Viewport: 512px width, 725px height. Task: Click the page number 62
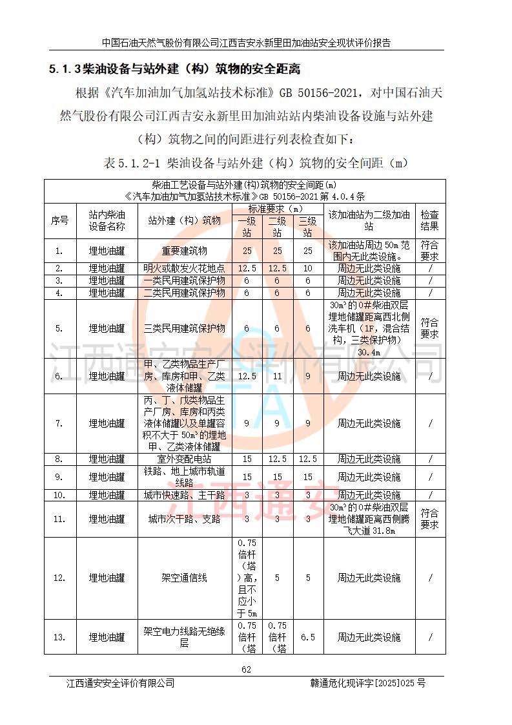[246, 669]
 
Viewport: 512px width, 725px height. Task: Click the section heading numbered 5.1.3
[175, 68]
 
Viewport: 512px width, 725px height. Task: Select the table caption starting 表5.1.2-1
[256, 162]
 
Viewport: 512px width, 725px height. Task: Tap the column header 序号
[59, 220]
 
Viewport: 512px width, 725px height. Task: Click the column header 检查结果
[429, 220]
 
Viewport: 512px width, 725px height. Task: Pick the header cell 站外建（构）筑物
[184, 220]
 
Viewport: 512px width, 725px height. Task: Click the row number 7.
[59, 424]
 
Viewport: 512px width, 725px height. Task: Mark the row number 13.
[59, 637]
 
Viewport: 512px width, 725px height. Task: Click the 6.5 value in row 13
[308, 637]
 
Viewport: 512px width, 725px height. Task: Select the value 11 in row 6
[277, 376]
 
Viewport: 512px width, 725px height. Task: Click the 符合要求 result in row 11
[429, 519]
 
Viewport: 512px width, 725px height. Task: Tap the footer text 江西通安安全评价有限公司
[120, 683]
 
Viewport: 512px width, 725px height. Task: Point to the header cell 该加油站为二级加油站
[369, 220]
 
